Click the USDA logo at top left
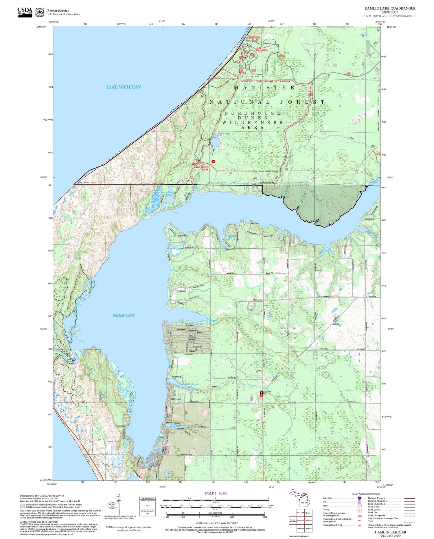pyautogui.click(x=25, y=12)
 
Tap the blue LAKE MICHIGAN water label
pyautogui.click(x=124, y=87)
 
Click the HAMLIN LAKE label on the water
pyautogui.click(x=123, y=315)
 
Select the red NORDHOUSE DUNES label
pyautogui.click(x=202, y=168)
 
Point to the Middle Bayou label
pyautogui.click(x=191, y=384)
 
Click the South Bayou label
pyautogui.click(x=176, y=426)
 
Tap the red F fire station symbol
pyautogui.click(x=262, y=395)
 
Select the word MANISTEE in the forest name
pyautogui.click(x=264, y=87)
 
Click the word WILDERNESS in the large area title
pyautogui.click(x=253, y=122)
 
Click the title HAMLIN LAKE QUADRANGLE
pyautogui.click(x=390, y=8)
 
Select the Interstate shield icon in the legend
pyautogui.click(x=359, y=498)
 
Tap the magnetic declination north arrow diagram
pyautogui.click(x=119, y=504)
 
